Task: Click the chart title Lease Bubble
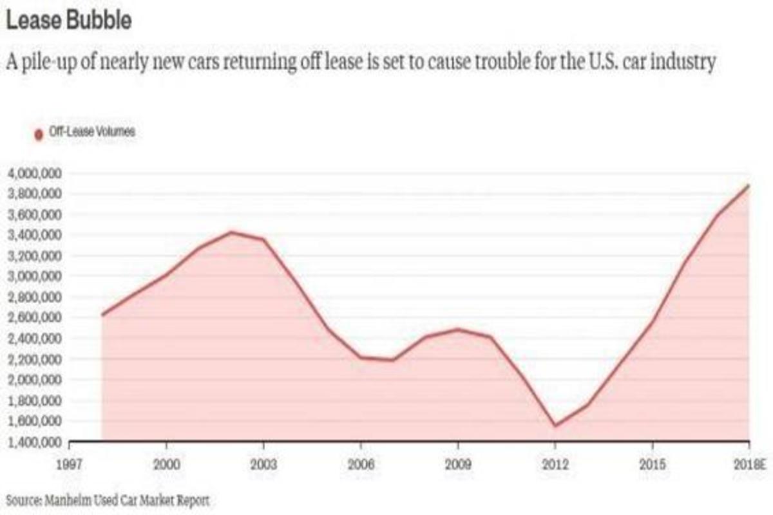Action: tap(68, 21)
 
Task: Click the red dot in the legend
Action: tap(38, 134)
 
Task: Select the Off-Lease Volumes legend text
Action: tap(91, 133)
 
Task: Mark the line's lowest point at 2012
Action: tap(555, 426)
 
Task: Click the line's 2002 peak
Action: tap(232, 232)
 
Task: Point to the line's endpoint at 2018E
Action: tap(749, 185)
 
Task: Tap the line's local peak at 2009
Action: tap(458, 330)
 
